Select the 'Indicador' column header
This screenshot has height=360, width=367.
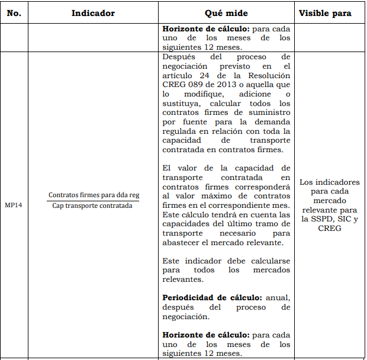click(x=93, y=13)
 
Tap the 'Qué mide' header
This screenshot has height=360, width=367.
click(x=227, y=13)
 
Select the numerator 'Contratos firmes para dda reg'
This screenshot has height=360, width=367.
click(x=94, y=194)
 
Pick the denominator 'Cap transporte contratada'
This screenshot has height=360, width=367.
click(x=92, y=206)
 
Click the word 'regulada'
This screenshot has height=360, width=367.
click(x=181, y=131)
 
